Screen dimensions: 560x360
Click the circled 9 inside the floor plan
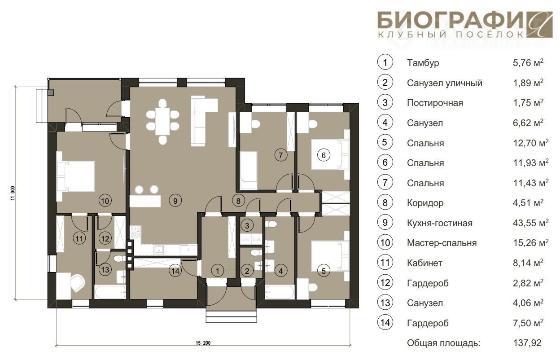point(175,201)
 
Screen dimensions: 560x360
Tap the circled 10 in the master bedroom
point(105,201)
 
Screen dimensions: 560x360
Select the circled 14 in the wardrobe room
point(175,271)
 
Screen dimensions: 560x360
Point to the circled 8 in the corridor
point(238,201)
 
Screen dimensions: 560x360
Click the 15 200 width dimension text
point(203,343)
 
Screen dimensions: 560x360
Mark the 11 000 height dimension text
point(13,193)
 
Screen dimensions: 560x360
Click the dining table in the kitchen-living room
point(162,122)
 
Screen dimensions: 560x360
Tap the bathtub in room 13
point(110,292)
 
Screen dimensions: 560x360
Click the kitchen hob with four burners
point(136,232)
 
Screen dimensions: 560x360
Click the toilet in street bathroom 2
point(255,253)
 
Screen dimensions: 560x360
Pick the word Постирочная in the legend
point(435,103)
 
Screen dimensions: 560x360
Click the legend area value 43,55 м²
point(530,223)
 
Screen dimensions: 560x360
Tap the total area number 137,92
point(527,343)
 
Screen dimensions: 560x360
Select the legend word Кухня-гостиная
point(439,223)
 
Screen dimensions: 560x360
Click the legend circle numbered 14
point(385,322)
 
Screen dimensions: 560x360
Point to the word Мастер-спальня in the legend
point(442,243)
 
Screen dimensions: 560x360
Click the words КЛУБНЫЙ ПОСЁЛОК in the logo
point(451,34)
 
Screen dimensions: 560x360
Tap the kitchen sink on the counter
point(159,250)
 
